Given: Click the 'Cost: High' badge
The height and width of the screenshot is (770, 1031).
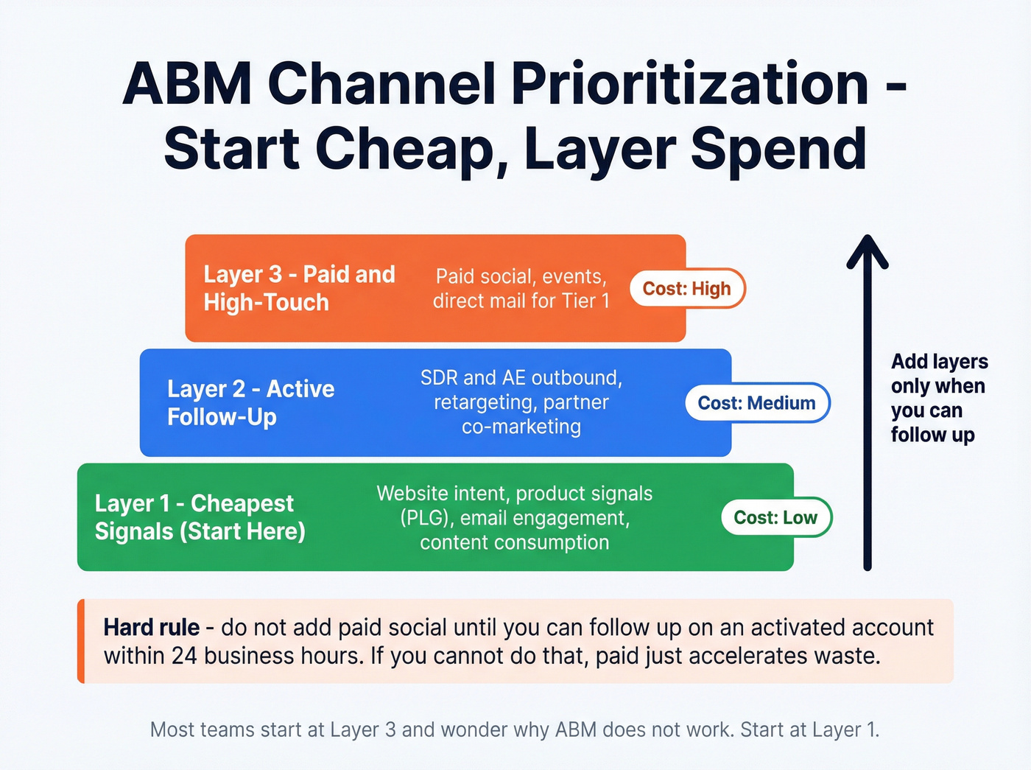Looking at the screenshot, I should [687, 288].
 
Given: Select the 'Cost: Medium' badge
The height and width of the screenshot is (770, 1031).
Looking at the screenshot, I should [756, 403].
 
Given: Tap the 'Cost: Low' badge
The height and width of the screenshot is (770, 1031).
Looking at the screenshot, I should [775, 517].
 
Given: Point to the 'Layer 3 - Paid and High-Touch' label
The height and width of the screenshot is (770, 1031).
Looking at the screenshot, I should [299, 288].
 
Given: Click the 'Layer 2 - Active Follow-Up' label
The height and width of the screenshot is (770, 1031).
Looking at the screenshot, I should [250, 402].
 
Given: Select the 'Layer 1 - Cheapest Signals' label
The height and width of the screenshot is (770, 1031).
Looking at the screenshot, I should [200, 517].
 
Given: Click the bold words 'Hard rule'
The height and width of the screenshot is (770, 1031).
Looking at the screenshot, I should [151, 627].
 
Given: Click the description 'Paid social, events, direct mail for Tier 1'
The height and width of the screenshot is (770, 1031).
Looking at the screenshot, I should [521, 288].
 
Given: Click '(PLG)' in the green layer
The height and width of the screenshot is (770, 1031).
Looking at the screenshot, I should [425, 518].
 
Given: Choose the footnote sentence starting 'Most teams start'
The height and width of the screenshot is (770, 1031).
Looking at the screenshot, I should [515, 729].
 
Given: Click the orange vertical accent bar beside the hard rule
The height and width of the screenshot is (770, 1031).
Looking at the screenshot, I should [81, 641].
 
